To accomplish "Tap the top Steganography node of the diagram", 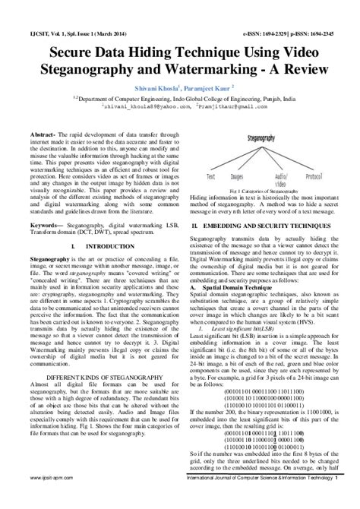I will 264,139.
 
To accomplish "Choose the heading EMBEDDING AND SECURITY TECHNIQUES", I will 274,226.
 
